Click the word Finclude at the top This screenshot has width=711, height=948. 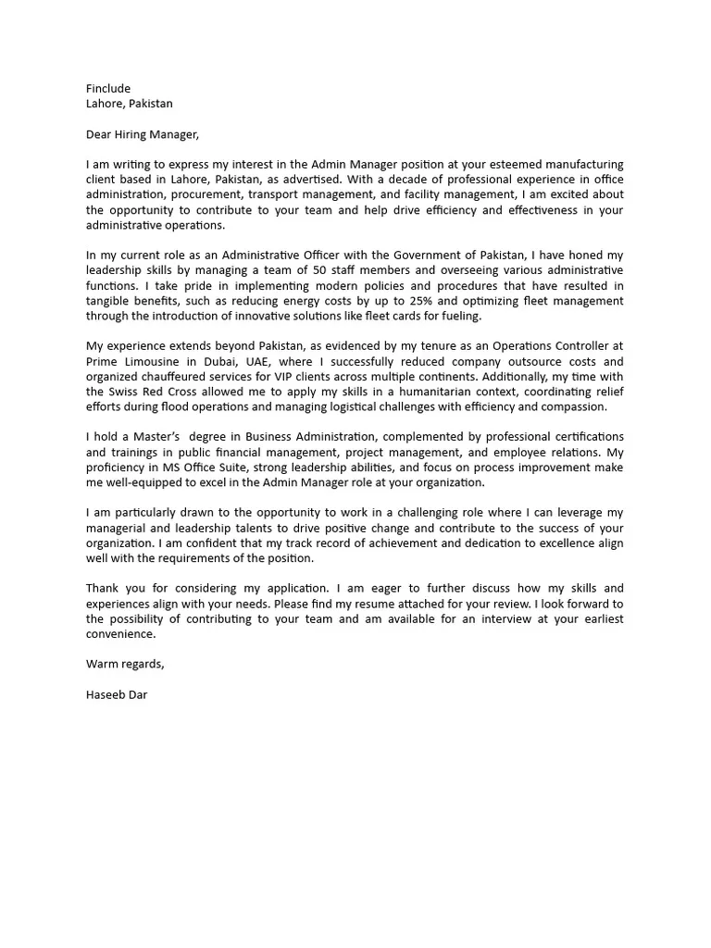pyautogui.click(x=108, y=89)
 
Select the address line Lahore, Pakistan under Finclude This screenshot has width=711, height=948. pyautogui.click(x=129, y=104)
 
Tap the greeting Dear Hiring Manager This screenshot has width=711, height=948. pyautogui.click(x=142, y=134)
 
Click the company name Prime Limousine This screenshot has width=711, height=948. pyautogui.click(x=133, y=361)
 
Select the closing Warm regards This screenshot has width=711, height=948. pyautogui.click(x=125, y=664)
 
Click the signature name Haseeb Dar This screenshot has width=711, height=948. pyautogui.click(x=117, y=694)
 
